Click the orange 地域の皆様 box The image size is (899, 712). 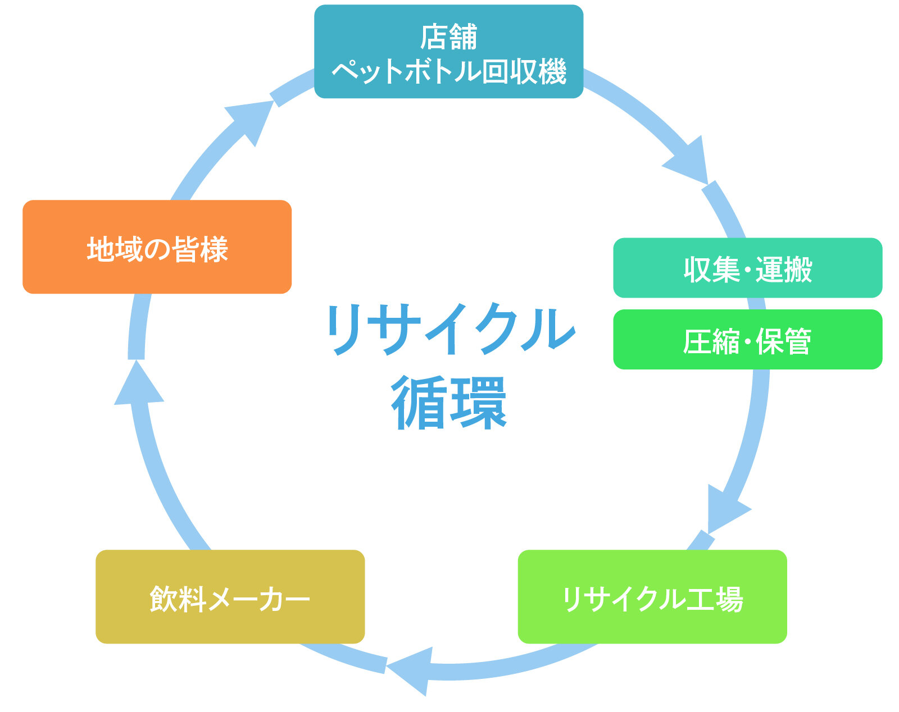(x=157, y=247)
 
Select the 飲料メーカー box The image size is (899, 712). (x=230, y=597)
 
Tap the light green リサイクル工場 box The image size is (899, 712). (x=652, y=597)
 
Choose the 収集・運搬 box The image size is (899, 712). (x=748, y=268)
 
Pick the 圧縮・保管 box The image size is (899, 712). (x=748, y=340)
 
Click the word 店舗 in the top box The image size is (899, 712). (x=449, y=36)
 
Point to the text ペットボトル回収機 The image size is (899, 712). (x=449, y=71)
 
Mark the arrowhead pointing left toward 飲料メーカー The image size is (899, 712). (x=411, y=671)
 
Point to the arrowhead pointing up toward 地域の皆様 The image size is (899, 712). (x=138, y=384)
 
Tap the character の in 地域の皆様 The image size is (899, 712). (x=157, y=249)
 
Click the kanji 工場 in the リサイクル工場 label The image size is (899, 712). (x=715, y=599)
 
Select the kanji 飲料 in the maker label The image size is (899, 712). (x=178, y=599)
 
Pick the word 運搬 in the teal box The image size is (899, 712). (x=784, y=270)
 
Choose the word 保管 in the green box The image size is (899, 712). (x=783, y=341)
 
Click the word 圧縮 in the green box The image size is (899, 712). (x=711, y=341)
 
